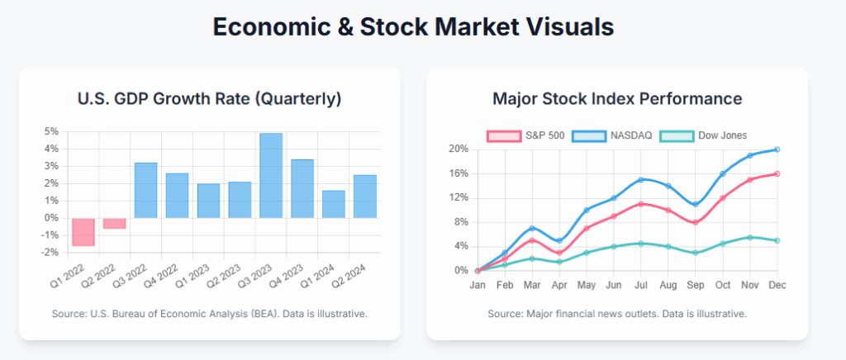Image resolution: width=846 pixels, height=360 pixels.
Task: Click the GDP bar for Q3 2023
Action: (271, 175)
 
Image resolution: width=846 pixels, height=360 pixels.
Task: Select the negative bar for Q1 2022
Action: (83, 231)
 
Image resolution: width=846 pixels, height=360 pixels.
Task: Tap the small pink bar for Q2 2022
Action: (115, 223)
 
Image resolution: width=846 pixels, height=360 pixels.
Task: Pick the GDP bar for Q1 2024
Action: (334, 204)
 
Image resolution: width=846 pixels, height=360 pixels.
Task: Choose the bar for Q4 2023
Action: (302, 188)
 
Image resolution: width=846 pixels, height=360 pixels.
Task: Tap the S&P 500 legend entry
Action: (525, 135)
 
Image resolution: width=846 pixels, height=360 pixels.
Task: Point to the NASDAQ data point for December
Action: (777, 149)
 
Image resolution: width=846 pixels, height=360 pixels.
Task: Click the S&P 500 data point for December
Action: (777, 173)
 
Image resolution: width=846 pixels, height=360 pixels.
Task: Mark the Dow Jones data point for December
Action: (777, 240)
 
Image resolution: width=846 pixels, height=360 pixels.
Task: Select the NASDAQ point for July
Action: (641, 179)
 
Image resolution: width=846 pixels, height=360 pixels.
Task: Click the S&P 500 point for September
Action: (696, 222)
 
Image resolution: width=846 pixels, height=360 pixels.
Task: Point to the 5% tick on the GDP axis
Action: (51, 131)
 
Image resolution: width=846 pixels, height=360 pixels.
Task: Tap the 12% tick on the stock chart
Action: (459, 197)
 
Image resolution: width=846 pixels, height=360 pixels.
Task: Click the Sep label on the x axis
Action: (696, 285)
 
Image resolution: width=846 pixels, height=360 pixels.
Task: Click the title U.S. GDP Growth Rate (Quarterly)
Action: (209, 99)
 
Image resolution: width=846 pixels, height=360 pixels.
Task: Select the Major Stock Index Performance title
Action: (617, 99)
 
